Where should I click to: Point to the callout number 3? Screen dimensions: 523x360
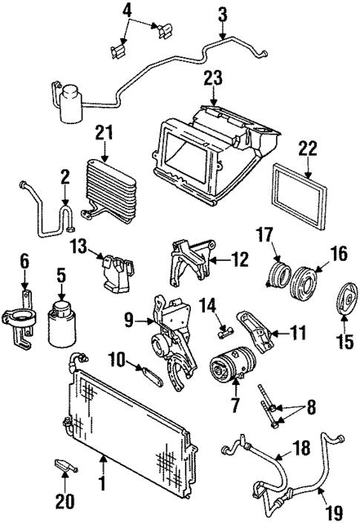223,14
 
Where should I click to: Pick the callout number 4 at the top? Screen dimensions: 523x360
127,10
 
